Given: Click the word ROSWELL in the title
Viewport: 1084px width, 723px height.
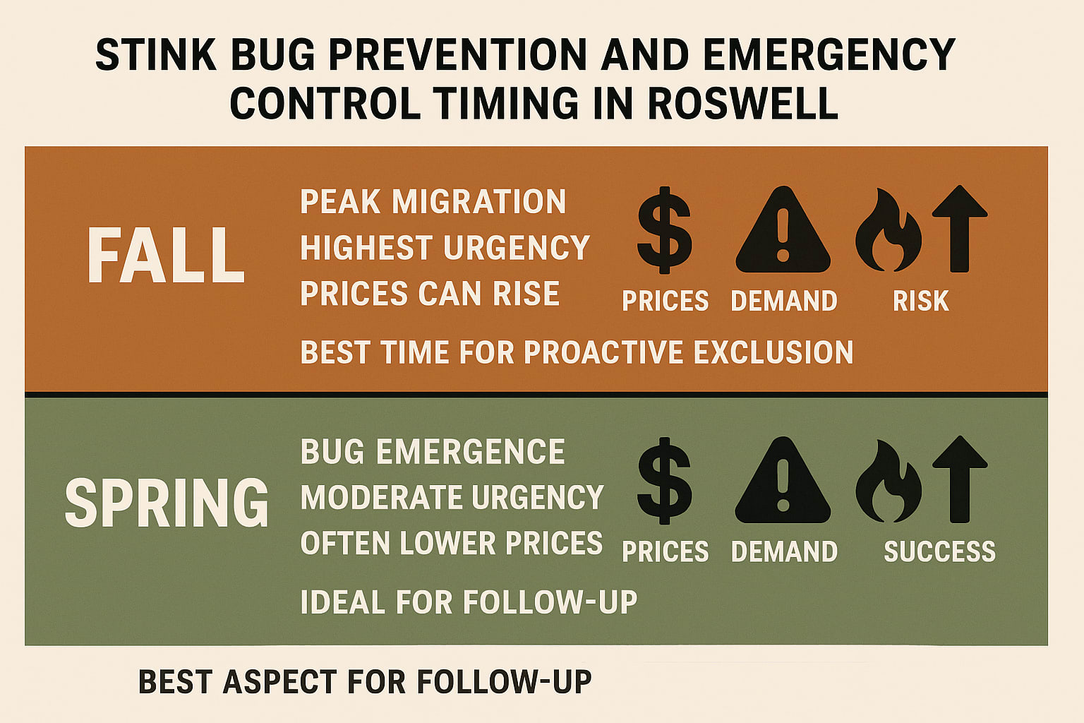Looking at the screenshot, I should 742,103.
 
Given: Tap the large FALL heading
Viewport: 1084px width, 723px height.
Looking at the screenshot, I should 166,256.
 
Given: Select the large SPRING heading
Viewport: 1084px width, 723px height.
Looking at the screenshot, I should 167,503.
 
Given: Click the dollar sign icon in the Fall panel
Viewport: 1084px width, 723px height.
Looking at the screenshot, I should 664,229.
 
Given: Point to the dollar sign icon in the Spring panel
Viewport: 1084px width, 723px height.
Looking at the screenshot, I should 664,480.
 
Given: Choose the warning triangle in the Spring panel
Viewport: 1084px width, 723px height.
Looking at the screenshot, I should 783,482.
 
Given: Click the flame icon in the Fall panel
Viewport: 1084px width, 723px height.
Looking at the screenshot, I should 888,230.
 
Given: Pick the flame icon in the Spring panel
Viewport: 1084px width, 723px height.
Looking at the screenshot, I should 888,481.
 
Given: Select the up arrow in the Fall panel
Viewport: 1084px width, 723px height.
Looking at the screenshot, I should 959,228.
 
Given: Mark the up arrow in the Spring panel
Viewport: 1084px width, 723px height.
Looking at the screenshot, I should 959,479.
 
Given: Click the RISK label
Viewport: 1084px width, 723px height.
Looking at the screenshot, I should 920,301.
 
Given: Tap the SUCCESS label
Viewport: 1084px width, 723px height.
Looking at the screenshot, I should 939,551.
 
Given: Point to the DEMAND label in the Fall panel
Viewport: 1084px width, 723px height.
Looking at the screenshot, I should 784,301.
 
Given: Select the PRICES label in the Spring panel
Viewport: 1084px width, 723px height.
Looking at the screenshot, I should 665,551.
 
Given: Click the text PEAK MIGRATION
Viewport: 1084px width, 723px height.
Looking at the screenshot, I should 433,202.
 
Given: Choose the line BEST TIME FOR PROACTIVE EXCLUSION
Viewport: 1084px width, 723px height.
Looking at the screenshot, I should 577,352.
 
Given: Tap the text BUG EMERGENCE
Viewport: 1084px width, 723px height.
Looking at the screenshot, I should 432,452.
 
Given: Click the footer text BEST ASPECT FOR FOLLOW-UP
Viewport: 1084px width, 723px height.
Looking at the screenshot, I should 365,682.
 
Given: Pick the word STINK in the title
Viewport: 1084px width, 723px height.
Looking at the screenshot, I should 156,55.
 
